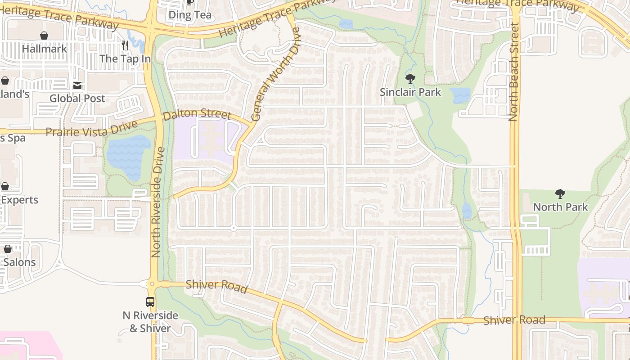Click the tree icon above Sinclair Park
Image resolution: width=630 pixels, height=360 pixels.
pos(410,79)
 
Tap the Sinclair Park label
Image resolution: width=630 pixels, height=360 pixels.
pos(410,92)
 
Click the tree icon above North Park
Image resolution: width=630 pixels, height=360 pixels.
pos(560,194)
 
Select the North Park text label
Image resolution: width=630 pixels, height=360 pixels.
pos(560,207)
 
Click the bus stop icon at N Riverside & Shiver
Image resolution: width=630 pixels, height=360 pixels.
pos(150,302)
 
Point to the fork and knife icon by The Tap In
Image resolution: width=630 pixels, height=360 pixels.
pos(125,45)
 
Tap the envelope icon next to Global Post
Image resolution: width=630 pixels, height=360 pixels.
pos(77,85)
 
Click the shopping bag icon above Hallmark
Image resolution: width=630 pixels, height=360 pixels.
pos(44,36)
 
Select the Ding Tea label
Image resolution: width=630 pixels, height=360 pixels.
pos(190,15)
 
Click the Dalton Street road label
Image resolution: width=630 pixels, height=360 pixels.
pos(197,114)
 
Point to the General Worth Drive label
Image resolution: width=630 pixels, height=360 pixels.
pos(275,74)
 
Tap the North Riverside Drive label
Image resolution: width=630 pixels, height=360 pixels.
pos(157,202)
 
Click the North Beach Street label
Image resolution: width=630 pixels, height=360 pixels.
pos(514,72)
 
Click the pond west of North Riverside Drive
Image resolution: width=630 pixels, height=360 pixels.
pos(128,156)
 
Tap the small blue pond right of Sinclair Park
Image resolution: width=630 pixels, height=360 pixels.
pos(460,95)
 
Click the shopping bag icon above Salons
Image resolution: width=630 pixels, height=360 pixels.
pos(8,249)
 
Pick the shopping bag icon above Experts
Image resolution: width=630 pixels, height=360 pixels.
pos(5,186)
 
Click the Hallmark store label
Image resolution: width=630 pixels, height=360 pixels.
pos(44,49)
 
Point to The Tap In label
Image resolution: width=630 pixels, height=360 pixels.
pos(125,58)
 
